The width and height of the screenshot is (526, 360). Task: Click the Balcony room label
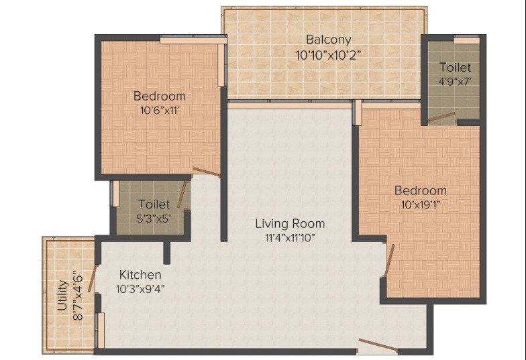(x=329, y=40)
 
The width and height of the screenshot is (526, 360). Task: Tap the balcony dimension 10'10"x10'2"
(x=329, y=55)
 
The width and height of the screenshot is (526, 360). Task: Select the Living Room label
(x=290, y=223)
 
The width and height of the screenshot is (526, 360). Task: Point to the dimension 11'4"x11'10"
(x=290, y=237)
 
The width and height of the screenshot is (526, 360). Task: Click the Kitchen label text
(x=140, y=275)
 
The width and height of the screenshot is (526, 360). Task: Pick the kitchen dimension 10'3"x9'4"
(x=140, y=289)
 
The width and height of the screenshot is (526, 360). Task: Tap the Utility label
(x=62, y=296)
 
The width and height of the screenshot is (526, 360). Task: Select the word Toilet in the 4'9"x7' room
(x=455, y=67)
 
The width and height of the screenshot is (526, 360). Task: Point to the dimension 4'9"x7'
(x=455, y=81)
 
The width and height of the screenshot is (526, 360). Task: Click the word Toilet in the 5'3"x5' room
(x=154, y=204)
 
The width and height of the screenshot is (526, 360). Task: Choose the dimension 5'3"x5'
(x=154, y=218)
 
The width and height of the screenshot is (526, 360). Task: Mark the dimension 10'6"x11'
(x=159, y=109)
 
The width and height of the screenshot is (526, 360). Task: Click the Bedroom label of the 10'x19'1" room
(x=420, y=190)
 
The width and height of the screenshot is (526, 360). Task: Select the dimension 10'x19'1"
(x=420, y=204)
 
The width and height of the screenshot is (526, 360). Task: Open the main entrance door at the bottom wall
(x=377, y=346)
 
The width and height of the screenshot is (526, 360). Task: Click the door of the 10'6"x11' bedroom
(x=206, y=172)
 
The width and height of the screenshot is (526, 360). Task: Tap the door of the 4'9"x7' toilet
(x=442, y=117)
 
